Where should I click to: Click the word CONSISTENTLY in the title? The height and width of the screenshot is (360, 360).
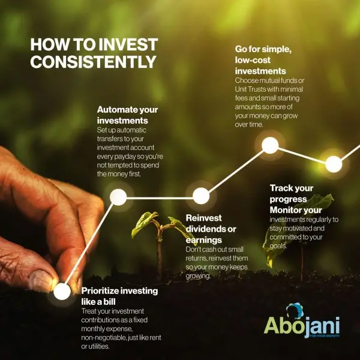pyautogui.click(x=93, y=62)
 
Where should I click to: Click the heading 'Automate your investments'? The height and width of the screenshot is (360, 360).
pyautogui.click(x=127, y=115)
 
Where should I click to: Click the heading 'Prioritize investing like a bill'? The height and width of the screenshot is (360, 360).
pyautogui.click(x=119, y=296)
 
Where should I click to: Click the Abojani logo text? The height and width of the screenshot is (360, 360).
pyautogui.click(x=302, y=328)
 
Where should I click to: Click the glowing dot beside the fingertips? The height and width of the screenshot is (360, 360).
pyautogui.click(x=62, y=292)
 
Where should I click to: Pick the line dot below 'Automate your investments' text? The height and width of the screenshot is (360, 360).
pyautogui.click(x=118, y=196)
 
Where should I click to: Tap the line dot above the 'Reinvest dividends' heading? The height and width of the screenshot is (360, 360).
pyautogui.click(x=201, y=196)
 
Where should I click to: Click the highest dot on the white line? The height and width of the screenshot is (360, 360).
pyautogui.click(x=270, y=145)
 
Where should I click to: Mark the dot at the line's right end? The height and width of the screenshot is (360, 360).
pyautogui.click(x=334, y=164)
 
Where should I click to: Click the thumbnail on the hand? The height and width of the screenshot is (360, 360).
pyautogui.click(x=42, y=280)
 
